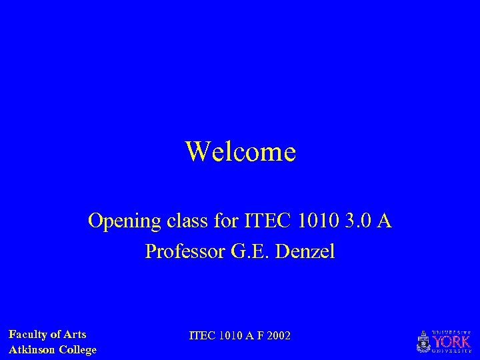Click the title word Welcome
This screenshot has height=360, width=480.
click(x=240, y=152)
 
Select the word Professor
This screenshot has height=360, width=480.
click(x=182, y=253)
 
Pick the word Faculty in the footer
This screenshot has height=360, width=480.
click(x=27, y=335)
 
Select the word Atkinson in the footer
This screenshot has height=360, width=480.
click(x=32, y=349)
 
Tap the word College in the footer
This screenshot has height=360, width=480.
click(x=77, y=349)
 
